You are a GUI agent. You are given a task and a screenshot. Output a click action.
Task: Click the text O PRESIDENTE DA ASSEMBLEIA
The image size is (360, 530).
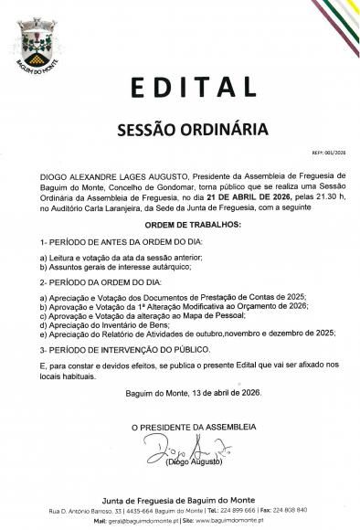tap(180, 427)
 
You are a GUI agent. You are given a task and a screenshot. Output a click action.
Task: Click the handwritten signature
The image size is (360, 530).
tap(180, 448)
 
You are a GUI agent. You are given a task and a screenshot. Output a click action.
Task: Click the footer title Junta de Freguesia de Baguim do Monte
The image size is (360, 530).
tap(180, 498)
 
